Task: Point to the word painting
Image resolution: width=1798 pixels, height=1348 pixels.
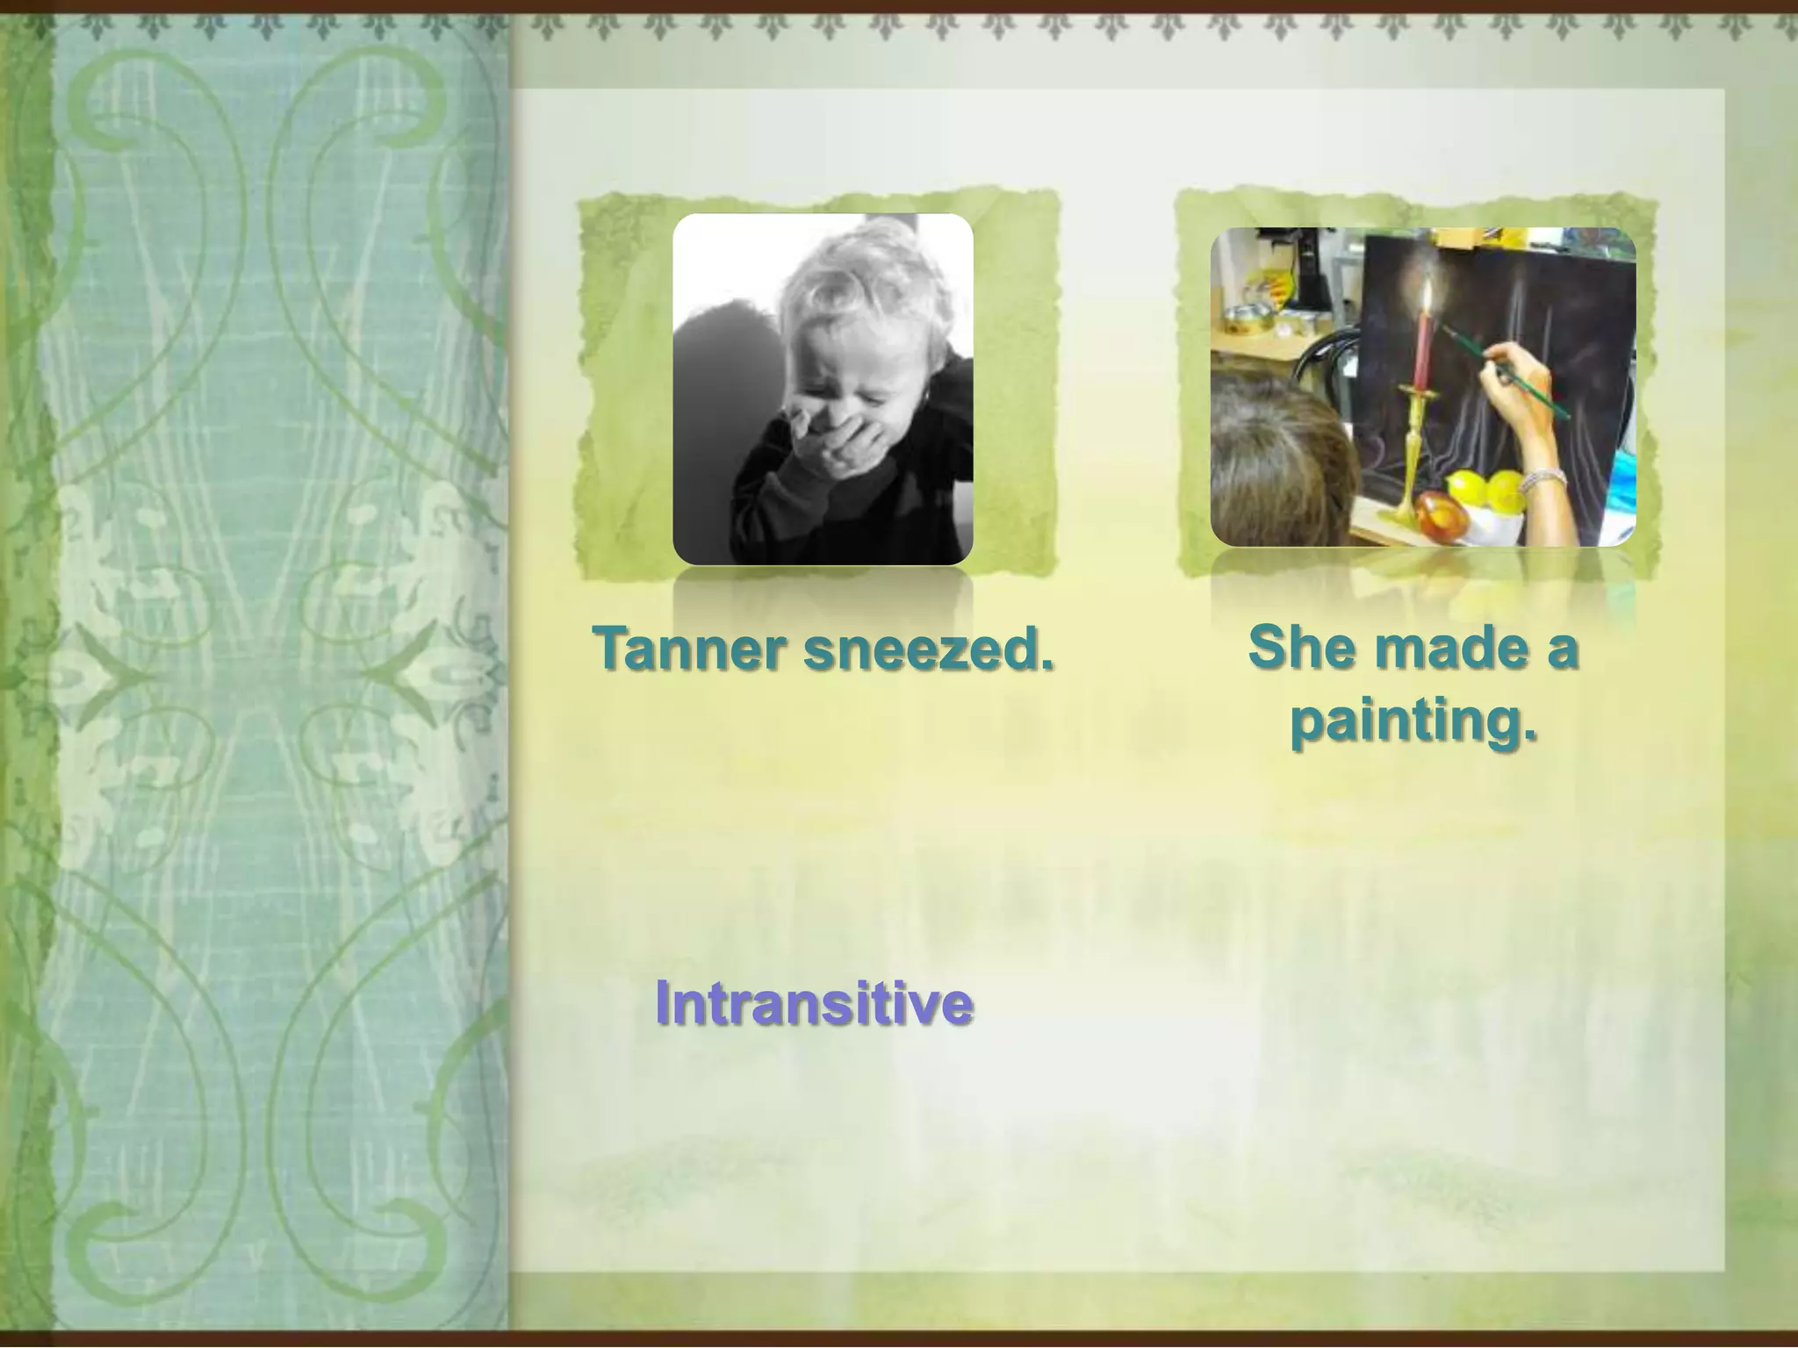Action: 1413,720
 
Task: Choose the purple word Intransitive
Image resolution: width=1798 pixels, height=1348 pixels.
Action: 814,1002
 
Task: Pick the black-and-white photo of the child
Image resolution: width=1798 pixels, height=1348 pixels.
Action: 823,389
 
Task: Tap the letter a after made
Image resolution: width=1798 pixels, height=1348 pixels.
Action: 1564,649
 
